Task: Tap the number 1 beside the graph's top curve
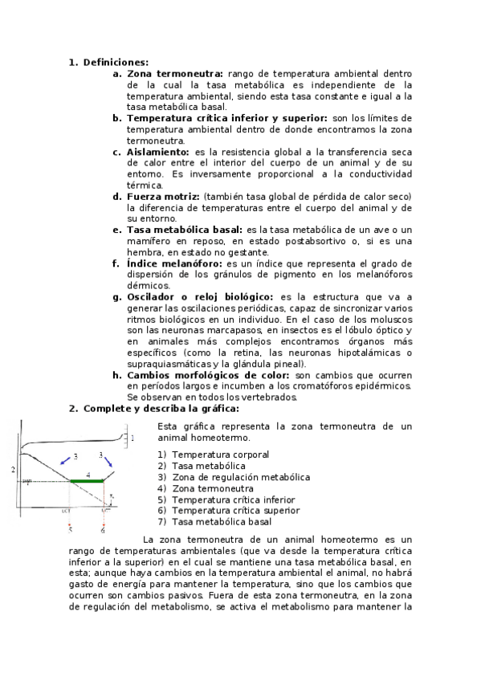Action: (132, 438)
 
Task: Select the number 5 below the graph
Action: (70, 530)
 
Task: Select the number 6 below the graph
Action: (102, 530)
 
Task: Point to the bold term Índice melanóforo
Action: (175, 263)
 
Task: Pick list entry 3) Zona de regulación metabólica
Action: (228, 477)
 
